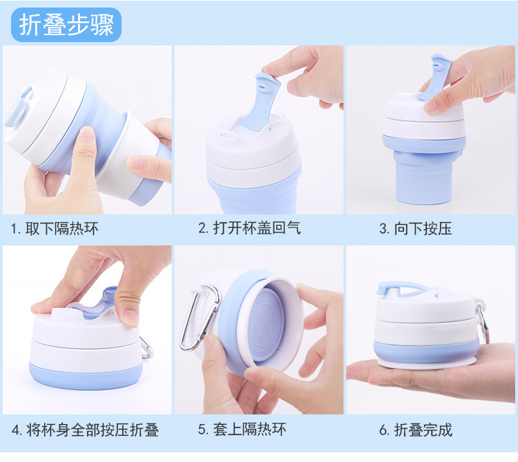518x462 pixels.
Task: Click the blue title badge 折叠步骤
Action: tap(66, 25)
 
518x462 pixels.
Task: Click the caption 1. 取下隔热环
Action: tap(55, 228)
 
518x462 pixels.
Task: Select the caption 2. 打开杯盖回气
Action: tap(249, 228)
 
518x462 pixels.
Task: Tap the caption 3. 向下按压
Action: tap(415, 228)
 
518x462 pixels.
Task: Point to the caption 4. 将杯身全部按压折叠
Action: tap(85, 430)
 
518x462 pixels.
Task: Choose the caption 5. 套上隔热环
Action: tap(242, 430)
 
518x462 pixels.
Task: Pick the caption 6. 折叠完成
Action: tap(416, 430)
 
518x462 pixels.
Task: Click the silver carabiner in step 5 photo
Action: tap(199, 317)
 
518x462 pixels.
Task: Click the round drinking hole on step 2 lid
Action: tap(227, 136)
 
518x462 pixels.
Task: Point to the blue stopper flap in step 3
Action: tap(435, 77)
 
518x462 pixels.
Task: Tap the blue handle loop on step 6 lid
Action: tap(401, 287)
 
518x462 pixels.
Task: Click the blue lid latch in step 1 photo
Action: tap(17, 107)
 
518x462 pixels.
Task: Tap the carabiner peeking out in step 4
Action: tap(146, 348)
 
